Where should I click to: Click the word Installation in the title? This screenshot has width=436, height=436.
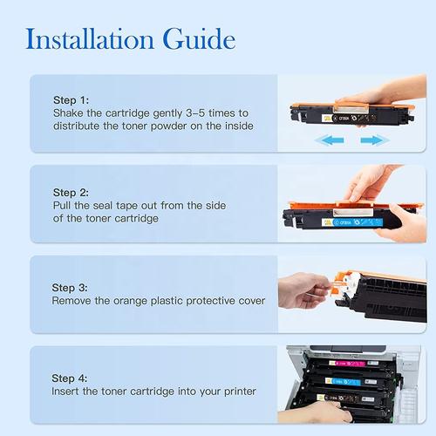point(90,39)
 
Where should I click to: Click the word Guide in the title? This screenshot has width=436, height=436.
point(199,39)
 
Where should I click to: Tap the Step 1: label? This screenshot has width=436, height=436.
point(71,100)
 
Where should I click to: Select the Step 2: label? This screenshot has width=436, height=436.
point(71,193)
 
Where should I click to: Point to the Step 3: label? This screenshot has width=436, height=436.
point(70,288)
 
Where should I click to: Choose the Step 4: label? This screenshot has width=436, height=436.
point(70,378)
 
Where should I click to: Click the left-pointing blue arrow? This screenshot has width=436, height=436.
point(330,140)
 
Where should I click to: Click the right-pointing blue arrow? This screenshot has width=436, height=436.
point(375,140)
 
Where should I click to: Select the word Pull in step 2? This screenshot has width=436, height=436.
point(62,206)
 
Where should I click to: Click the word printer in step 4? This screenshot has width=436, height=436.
point(240,392)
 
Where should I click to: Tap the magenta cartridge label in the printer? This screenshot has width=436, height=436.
point(347,364)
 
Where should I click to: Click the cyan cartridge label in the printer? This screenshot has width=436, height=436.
point(343,381)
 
